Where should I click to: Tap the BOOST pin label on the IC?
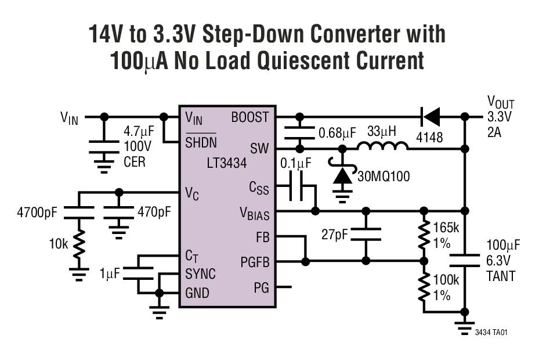pyautogui.click(x=250, y=117)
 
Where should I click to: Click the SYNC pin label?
pyautogui.click(x=201, y=273)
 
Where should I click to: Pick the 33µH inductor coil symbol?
pyautogui.click(x=382, y=146)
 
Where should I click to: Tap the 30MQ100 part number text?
pyautogui.click(x=382, y=176)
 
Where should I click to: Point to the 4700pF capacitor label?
pyautogui.click(x=37, y=213)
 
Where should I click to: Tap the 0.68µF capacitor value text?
pyautogui.click(x=337, y=134)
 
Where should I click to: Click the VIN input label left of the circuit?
pyautogui.click(x=69, y=118)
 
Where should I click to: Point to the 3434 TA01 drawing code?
pyautogui.click(x=492, y=332)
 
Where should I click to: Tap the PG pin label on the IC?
pyautogui.click(x=262, y=287)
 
